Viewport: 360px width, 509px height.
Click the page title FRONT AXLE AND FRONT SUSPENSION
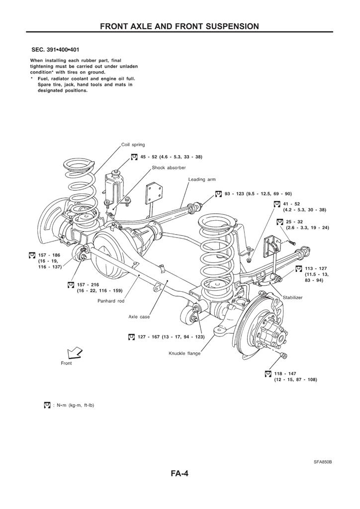tap(180, 26)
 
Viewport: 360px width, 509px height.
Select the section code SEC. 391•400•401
tap(55, 50)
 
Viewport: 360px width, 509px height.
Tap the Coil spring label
tap(133, 145)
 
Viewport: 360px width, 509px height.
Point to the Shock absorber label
tap(169, 168)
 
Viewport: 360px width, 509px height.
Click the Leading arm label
tap(202, 179)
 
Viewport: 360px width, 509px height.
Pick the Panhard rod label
tap(111, 301)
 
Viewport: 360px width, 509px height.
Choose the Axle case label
tap(139, 317)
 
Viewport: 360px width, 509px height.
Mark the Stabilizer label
tap(292, 297)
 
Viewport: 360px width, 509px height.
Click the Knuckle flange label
tap(184, 353)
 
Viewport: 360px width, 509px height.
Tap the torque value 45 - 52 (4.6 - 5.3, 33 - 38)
tap(171, 157)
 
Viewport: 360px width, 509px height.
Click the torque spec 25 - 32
tap(291, 222)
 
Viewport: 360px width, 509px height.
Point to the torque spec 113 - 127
tap(316, 268)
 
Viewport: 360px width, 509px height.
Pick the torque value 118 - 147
tap(285, 374)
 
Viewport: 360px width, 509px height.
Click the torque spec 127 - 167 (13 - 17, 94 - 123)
tap(171, 337)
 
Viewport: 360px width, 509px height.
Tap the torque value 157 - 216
tap(88, 285)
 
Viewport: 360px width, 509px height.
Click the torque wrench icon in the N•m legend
tap(47, 405)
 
